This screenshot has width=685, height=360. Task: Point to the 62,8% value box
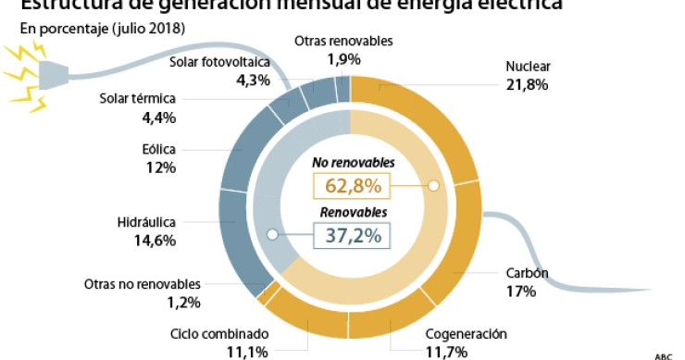(x=353, y=186)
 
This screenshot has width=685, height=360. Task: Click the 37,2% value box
(x=353, y=235)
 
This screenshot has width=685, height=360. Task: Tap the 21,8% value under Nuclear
(x=528, y=84)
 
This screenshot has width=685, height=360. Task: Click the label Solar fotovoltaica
(x=219, y=62)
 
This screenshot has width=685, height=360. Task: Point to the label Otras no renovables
(x=142, y=284)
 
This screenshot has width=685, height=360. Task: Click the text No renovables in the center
(x=353, y=163)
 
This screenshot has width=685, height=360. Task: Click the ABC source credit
(x=663, y=355)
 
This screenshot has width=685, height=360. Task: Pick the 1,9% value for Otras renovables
(x=343, y=59)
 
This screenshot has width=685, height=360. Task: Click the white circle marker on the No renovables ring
(x=432, y=186)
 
